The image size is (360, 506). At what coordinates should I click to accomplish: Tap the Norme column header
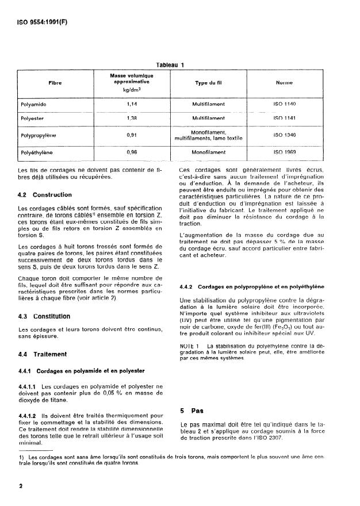pyautogui.click(x=285, y=82)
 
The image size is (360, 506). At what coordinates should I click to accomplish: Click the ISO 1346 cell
pyautogui.click(x=285, y=136)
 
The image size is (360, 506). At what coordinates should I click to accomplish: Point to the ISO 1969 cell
pyautogui.click(x=285, y=154)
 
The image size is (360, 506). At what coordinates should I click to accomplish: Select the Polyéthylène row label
pyautogui.click(x=37, y=154)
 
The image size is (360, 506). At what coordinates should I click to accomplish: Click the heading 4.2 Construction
pyautogui.click(x=45, y=194)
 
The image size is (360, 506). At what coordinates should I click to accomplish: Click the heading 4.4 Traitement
pyautogui.click(x=43, y=354)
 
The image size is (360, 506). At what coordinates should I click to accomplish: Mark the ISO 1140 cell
pyautogui.click(x=285, y=104)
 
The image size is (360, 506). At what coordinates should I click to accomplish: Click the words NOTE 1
pyautogui.click(x=190, y=346)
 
